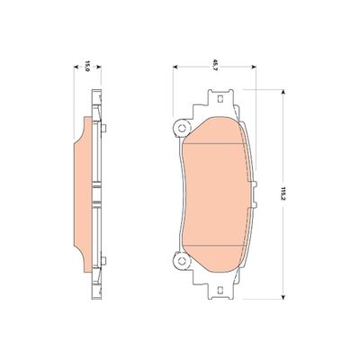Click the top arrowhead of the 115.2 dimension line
click(283, 90)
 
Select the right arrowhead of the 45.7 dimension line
click(255, 66)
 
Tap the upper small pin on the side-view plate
click(104, 131)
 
